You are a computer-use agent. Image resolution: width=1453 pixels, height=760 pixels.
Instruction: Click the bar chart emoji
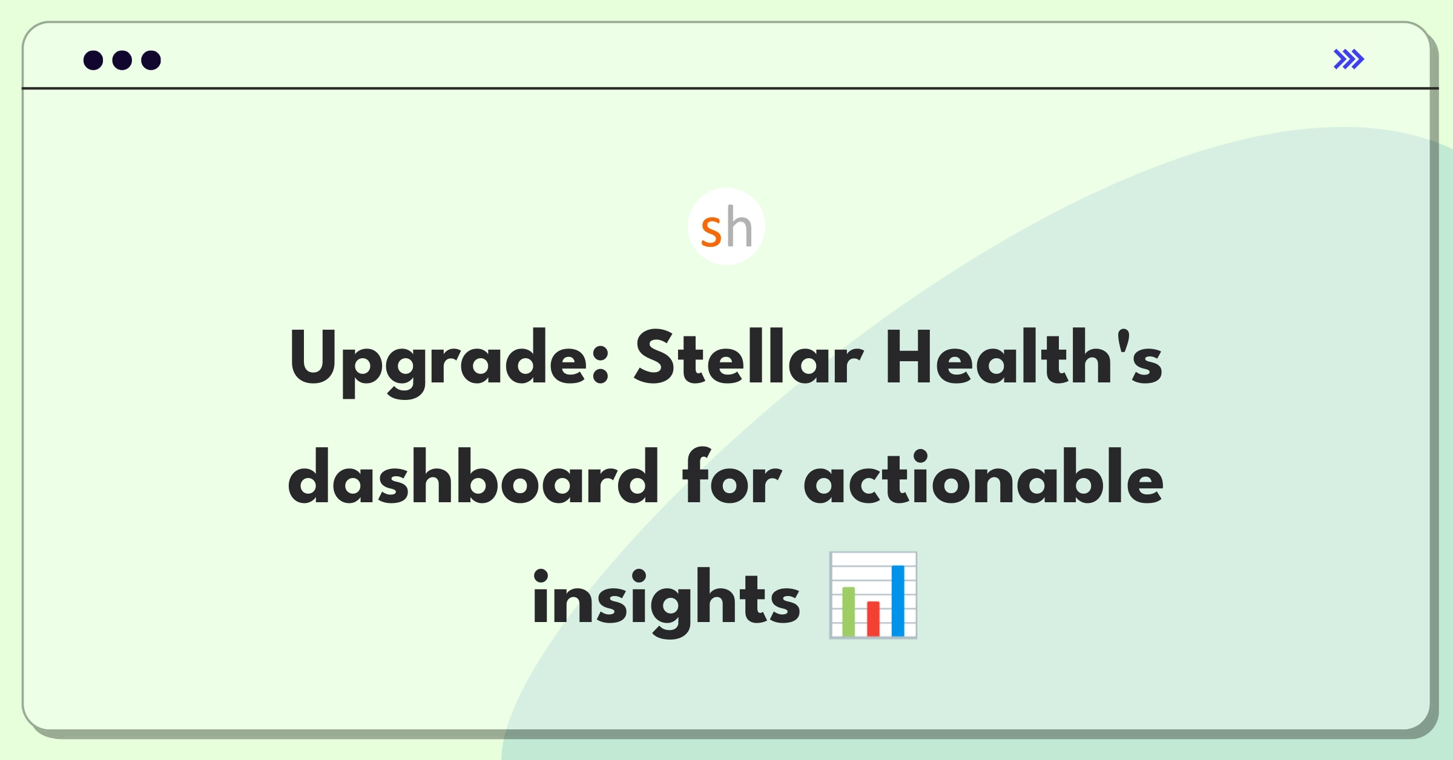pyautogui.click(x=873, y=595)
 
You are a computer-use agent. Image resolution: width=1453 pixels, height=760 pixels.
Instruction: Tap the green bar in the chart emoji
pyautogui.click(x=848, y=611)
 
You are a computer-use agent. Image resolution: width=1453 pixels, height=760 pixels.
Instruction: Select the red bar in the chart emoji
pyautogui.click(x=873, y=618)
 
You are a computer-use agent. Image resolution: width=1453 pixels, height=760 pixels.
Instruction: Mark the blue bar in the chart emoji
pyautogui.click(x=898, y=601)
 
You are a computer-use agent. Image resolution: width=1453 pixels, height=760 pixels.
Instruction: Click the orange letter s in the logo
pyautogui.click(x=711, y=232)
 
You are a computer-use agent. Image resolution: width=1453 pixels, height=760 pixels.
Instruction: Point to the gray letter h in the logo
pyautogui.click(x=739, y=226)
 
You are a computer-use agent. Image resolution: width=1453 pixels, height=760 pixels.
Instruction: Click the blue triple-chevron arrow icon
pyautogui.click(x=1349, y=59)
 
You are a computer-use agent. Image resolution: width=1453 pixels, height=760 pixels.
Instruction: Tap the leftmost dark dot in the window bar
pyautogui.click(x=93, y=60)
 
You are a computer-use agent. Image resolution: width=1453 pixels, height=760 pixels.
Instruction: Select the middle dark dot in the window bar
pyautogui.click(x=122, y=60)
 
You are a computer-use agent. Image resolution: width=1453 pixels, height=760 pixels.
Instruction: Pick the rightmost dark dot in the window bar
pyautogui.click(x=151, y=60)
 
